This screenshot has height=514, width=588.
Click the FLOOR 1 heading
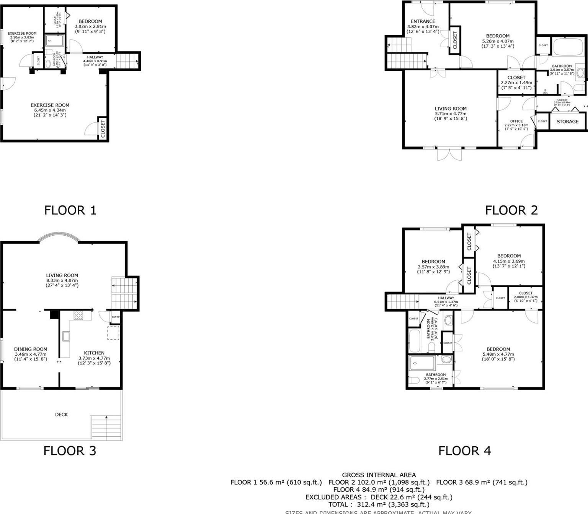70,210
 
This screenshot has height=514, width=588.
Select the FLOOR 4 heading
464,451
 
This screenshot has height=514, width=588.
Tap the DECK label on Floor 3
61,414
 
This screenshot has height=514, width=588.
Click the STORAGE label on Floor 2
567,122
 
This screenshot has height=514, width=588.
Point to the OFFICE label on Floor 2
516,121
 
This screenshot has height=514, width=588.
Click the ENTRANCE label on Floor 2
423,21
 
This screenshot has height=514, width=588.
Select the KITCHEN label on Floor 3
94,353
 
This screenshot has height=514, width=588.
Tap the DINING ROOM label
31,349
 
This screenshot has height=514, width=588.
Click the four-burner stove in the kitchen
78,315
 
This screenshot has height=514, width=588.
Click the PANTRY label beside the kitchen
116,317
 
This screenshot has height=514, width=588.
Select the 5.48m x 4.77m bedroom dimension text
498,354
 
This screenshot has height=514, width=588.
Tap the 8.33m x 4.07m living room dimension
62,280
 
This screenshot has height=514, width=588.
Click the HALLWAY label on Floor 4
446,298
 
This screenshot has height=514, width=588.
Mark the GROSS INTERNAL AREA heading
379,475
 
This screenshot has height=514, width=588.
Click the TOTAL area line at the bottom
379,504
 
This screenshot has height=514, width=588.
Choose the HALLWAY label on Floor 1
95,57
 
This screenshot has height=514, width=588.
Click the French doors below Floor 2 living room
449,154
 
